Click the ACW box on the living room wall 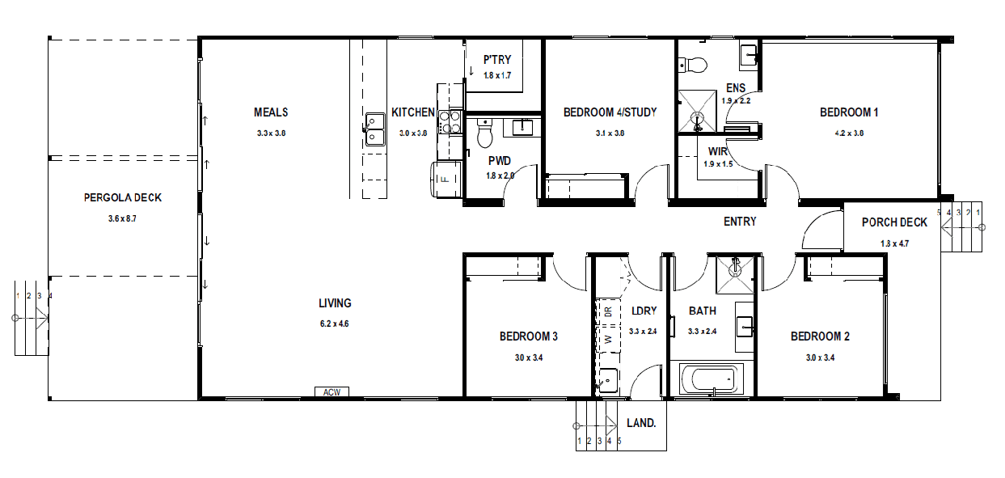(331, 391)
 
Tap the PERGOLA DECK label (122, 197)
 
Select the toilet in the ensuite (693, 65)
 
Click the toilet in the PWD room (484, 133)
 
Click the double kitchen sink (375, 129)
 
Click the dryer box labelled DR (608, 311)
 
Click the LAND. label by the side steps (641, 423)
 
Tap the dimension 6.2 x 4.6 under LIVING (334, 324)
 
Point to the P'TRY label (497, 60)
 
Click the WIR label (717, 151)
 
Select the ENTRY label (740, 222)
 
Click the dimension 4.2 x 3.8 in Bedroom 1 (849, 133)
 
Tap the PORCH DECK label (894, 222)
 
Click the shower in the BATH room (735, 274)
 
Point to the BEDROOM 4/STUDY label (610, 112)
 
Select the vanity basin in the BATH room (745, 326)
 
